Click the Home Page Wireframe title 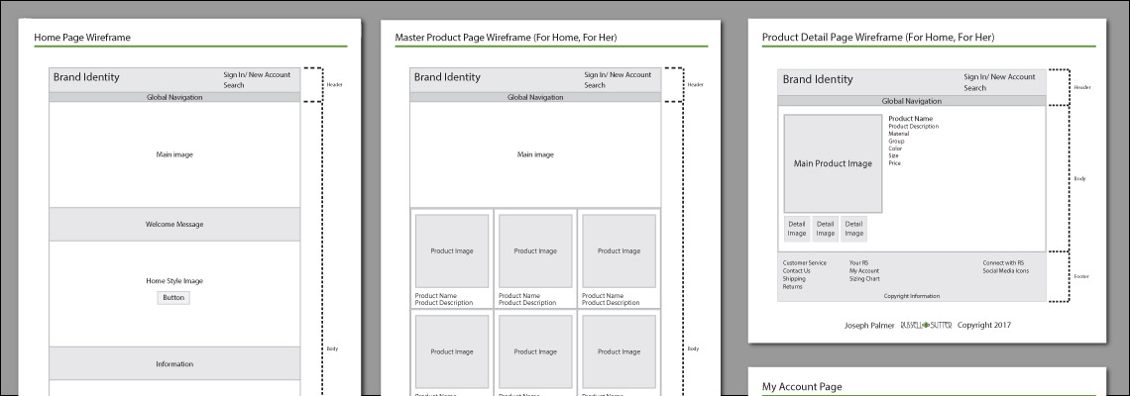(82, 38)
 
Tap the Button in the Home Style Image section (172, 297)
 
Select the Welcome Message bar (174, 224)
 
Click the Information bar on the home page (174, 363)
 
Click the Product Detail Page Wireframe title (878, 38)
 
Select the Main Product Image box (833, 163)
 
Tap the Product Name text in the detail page (910, 119)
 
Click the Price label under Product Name (895, 162)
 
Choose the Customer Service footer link (804, 262)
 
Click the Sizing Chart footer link (864, 278)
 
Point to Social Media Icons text (1005, 270)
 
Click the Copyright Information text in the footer (912, 296)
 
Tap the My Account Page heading (801, 386)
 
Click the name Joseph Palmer (868, 325)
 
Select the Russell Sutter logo (926, 325)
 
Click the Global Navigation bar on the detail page (911, 101)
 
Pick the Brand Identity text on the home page (86, 77)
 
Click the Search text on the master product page (595, 85)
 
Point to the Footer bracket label (1081, 276)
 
